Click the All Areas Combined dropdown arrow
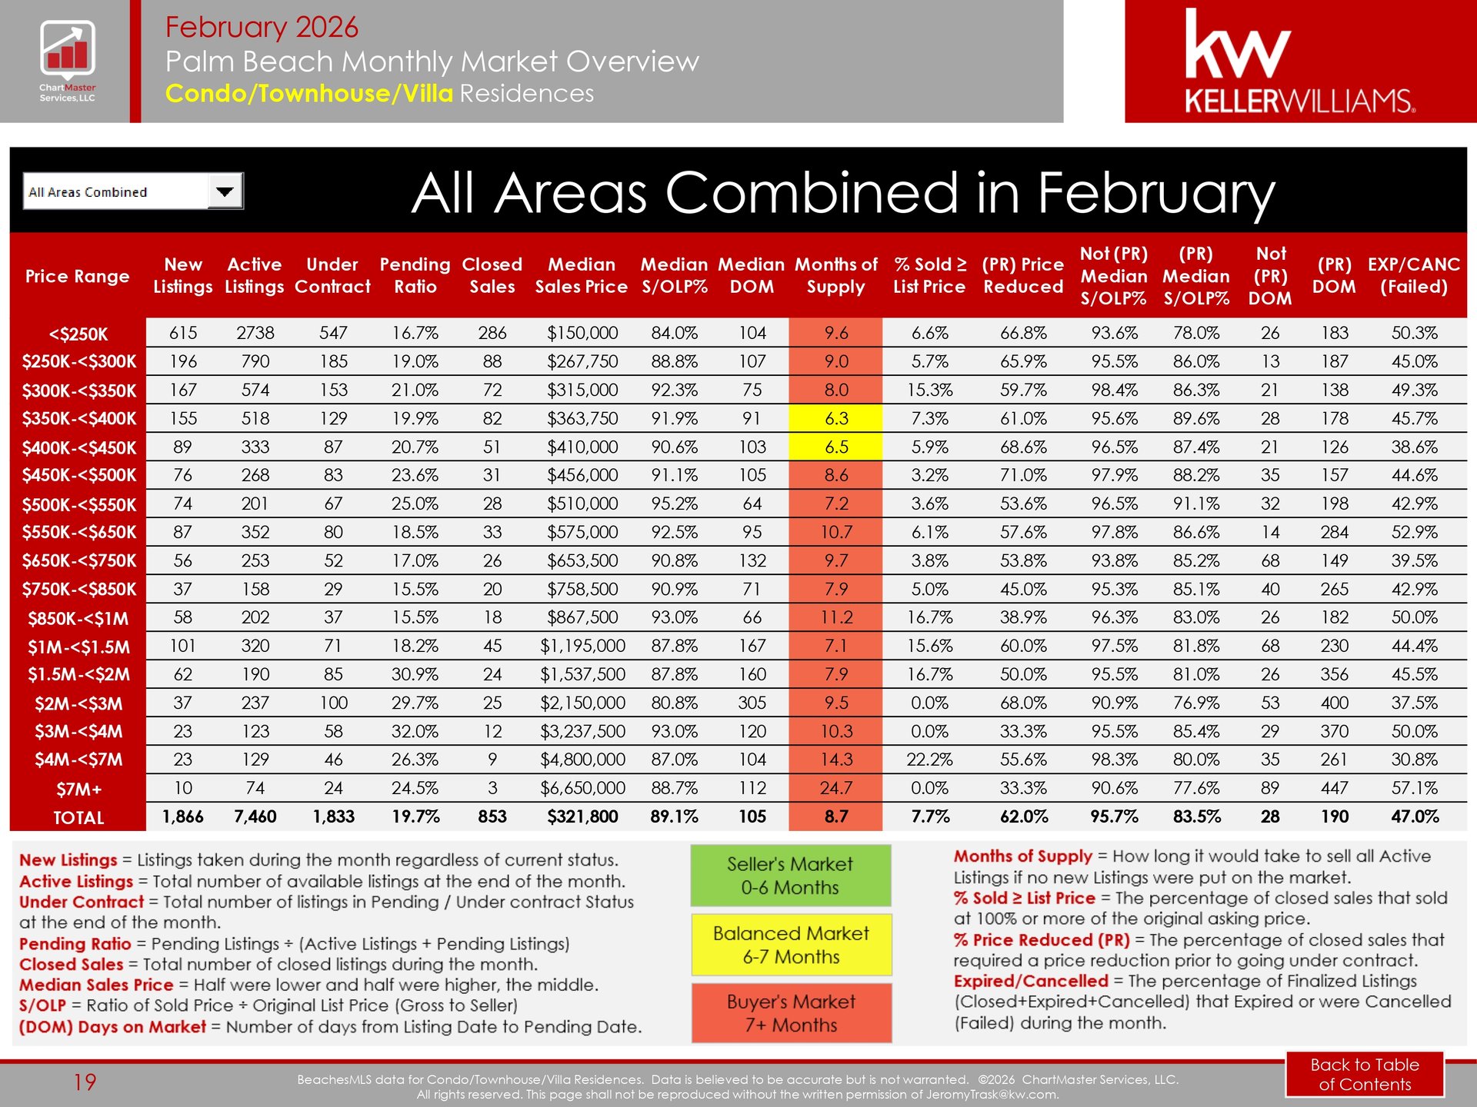pyautogui.click(x=225, y=191)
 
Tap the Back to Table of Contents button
pyautogui.click(x=1365, y=1074)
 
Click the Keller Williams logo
pyautogui.click(x=1300, y=61)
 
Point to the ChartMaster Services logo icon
pyautogui.click(x=68, y=51)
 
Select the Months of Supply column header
pyautogui.click(x=835, y=275)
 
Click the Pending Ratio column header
pyautogui.click(x=415, y=275)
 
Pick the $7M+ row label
pyautogui.click(x=78, y=790)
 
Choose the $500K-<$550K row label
pyautogui.click(x=78, y=505)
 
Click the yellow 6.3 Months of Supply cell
pyautogui.click(x=835, y=419)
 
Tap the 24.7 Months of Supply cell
pyautogui.click(x=835, y=788)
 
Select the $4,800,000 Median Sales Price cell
pyautogui.click(x=582, y=760)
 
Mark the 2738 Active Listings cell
pyautogui.click(x=255, y=333)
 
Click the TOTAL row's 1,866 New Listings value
pyautogui.click(x=183, y=816)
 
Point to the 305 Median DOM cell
pyautogui.click(x=752, y=703)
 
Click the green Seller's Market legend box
pyautogui.click(x=790, y=876)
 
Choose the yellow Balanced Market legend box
pyautogui.click(x=791, y=945)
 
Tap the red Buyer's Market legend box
pyautogui.click(x=791, y=1013)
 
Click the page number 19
pyautogui.click(x=85, y=1082)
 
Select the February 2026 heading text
pyautogui.click(x=262, y=27)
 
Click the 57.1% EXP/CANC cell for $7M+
pyautogui.click(x=1414, y=788)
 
